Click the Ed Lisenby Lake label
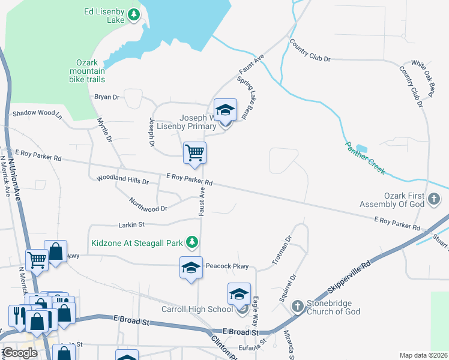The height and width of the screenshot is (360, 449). (x=104, y=16)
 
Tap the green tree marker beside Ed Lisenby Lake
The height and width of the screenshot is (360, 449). (x=133, y=15)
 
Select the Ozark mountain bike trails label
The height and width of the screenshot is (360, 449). (x=90, y=71)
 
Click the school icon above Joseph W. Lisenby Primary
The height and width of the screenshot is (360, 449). (x=225, y=110)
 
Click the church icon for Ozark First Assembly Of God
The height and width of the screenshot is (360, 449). (x=436, y=198)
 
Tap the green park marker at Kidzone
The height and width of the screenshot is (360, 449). (x=191, y=242)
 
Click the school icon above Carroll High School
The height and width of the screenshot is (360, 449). (x=239, y=295)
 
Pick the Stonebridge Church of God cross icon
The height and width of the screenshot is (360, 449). (x=297, y=307)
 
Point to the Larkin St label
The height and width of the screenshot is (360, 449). (x=133, y=225)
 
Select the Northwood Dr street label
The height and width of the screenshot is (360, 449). (x=148, y=204)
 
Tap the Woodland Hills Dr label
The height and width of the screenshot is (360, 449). (x=122, y=180)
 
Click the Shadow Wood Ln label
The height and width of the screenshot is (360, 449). (x=37, y=113)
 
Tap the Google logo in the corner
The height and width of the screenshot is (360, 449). (x=20, y=353)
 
